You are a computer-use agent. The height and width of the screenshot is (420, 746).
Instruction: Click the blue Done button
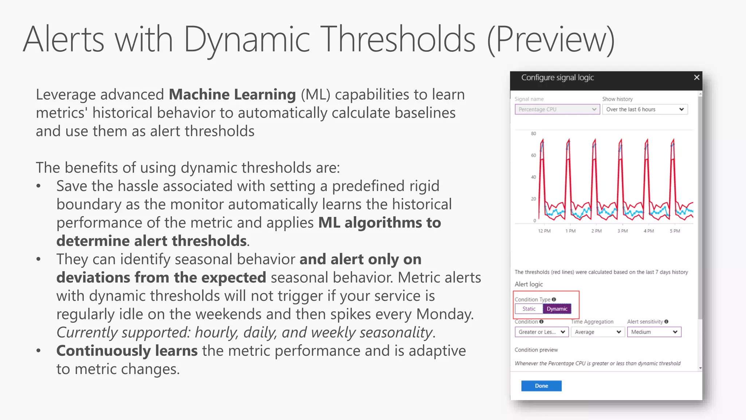click(541, 386)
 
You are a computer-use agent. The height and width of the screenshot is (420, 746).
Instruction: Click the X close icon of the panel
click(696, 77)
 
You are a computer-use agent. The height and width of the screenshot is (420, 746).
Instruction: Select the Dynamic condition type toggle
click(557, 309)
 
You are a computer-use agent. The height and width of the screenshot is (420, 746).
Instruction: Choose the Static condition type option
click(529, 309)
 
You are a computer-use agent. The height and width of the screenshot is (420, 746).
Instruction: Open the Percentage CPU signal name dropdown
click(557, 109)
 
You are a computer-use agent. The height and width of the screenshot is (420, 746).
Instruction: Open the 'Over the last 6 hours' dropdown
click(644, 109)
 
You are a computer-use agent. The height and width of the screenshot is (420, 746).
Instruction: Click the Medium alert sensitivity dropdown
click(654, 332)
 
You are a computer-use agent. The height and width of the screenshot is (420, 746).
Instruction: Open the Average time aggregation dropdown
click(597, 332)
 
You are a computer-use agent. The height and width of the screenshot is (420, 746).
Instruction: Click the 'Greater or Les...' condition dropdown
click(541, 332)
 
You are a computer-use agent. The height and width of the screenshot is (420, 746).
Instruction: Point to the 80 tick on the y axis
click(533, 133)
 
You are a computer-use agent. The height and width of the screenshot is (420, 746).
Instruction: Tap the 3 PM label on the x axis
click(623, 231)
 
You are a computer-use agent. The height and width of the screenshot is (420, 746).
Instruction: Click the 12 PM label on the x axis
click(544, 231)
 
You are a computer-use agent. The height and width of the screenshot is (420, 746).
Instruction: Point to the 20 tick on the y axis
click(533, 199)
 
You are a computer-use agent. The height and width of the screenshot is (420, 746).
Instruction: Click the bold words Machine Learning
click(232, 94)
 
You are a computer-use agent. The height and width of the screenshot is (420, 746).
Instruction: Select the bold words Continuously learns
click(127, 351)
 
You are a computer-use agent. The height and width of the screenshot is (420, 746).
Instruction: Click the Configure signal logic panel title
click(557, 77)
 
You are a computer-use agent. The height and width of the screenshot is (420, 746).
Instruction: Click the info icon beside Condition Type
click(554, 299)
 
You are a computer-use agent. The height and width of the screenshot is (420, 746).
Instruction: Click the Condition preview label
click(536, 350)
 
